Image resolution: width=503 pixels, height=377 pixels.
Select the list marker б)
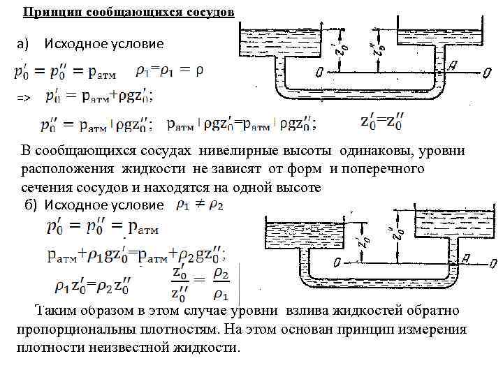31,205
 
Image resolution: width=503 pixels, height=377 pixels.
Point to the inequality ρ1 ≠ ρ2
200,205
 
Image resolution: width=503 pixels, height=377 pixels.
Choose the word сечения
45,188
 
